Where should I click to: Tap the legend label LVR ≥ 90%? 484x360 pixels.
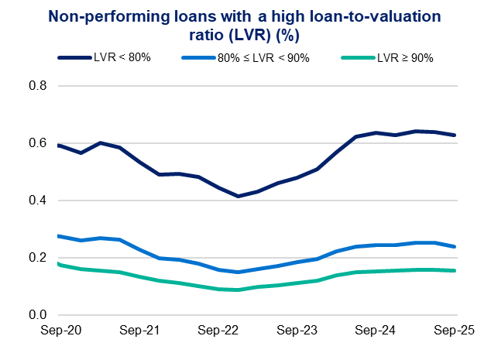click(402, 57)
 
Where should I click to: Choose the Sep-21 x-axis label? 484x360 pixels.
click(139, 331)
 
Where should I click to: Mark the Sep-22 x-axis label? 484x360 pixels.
click(218, 331)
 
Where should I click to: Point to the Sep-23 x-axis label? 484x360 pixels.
click(297, 331)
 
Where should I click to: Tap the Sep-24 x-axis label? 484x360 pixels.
click(376, 331)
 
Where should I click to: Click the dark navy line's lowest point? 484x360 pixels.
click(238, 196)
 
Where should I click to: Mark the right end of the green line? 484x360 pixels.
click(455, 270)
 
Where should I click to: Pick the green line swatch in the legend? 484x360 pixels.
click(357, 57)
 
